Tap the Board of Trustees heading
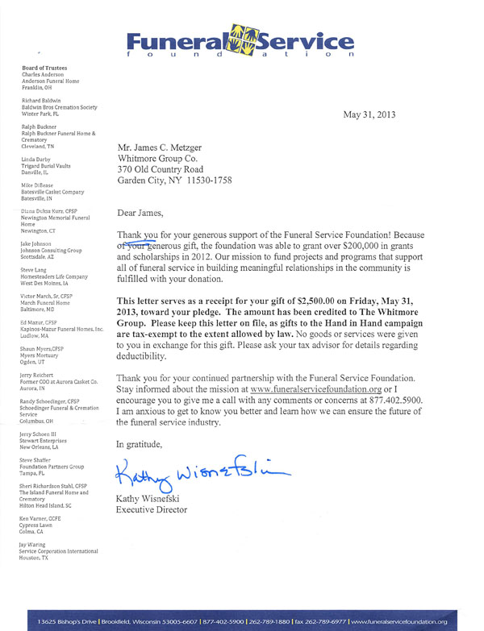point(45,68)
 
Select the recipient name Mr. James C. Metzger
point(167,149)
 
